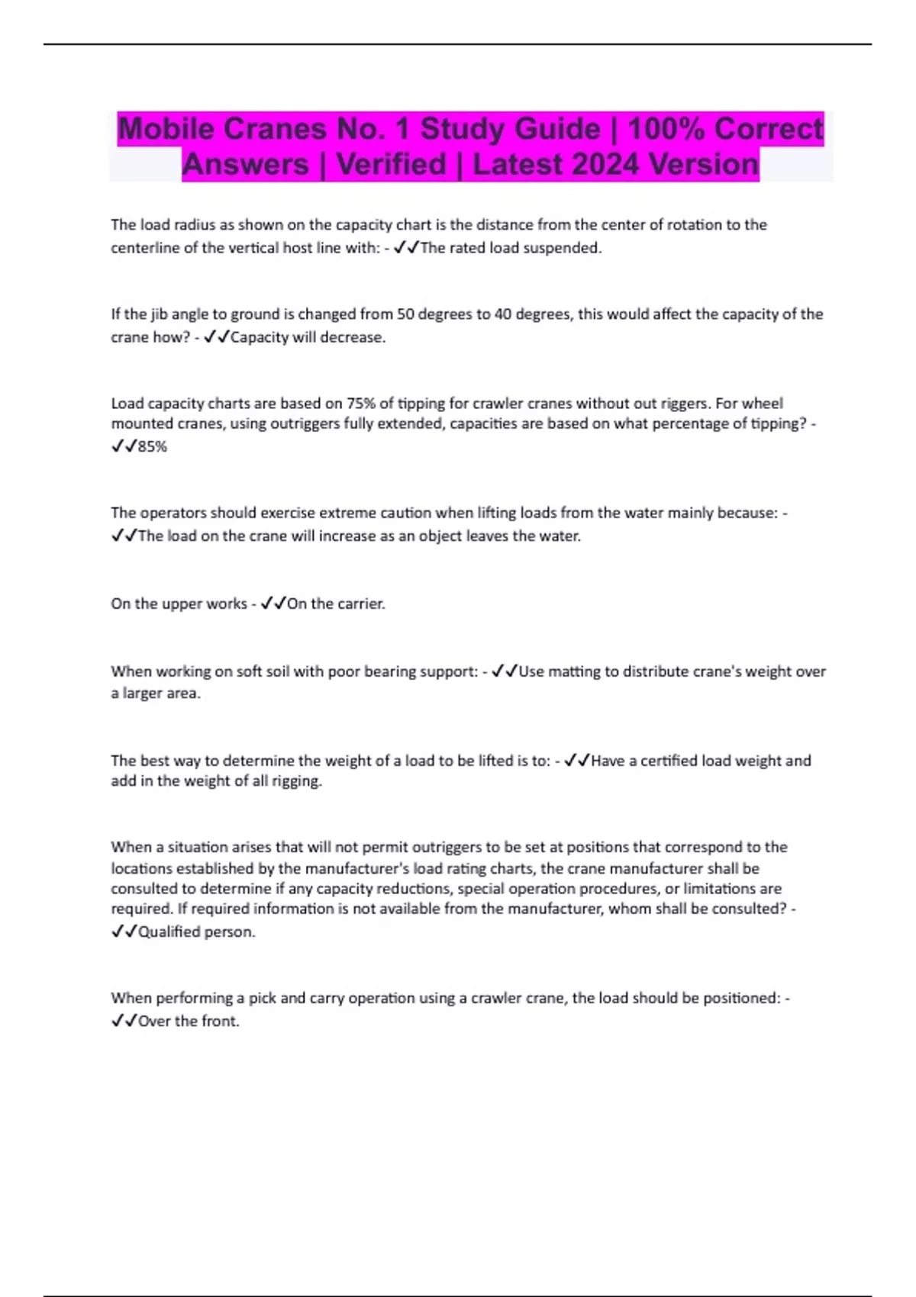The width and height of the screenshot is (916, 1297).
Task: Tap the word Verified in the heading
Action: pyautogui.click(x=391, y=164)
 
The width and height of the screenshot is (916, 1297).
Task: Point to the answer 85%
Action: pyautogui.click(x=152, y=447)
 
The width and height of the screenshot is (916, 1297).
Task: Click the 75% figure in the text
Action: pyautogui.click(x=356, y=404)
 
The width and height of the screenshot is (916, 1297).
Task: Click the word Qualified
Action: pyautogui.click(x=169, y=932)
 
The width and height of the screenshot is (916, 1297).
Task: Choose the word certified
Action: pyautogui.click(x=668, y=761)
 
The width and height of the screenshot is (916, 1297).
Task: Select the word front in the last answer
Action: pyautogui.click(x=221, y=1021)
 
